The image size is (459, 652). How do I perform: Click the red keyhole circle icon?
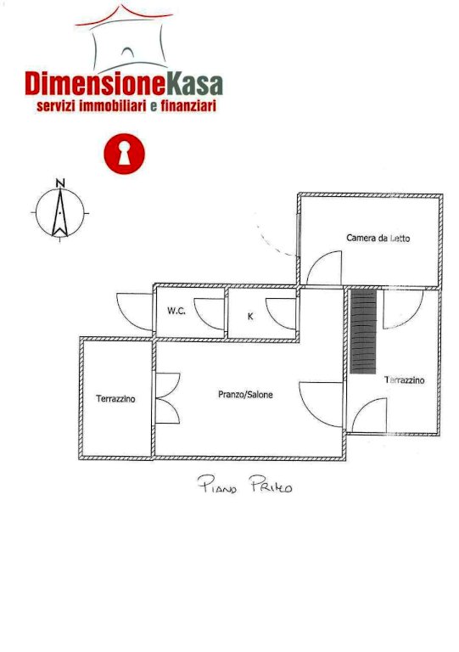[124, 154]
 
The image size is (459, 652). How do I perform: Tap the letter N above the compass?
[60, 183]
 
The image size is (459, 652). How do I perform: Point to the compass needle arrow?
[60, 213]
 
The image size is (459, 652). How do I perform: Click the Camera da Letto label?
[378, 238]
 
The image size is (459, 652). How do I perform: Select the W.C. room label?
[176, 311]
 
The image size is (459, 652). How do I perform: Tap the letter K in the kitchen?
[250, 317]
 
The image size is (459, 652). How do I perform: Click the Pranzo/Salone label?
[245, 394]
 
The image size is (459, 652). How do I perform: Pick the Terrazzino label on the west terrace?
[115, 398]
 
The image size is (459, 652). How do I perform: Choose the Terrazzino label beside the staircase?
[405, 379]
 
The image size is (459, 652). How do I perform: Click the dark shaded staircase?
[363, 331]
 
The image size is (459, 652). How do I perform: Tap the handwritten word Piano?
[217, 485]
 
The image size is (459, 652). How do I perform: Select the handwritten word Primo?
[271, 485]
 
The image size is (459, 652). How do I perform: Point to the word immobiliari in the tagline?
[113, 105]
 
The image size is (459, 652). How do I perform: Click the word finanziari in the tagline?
[188, 105]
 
